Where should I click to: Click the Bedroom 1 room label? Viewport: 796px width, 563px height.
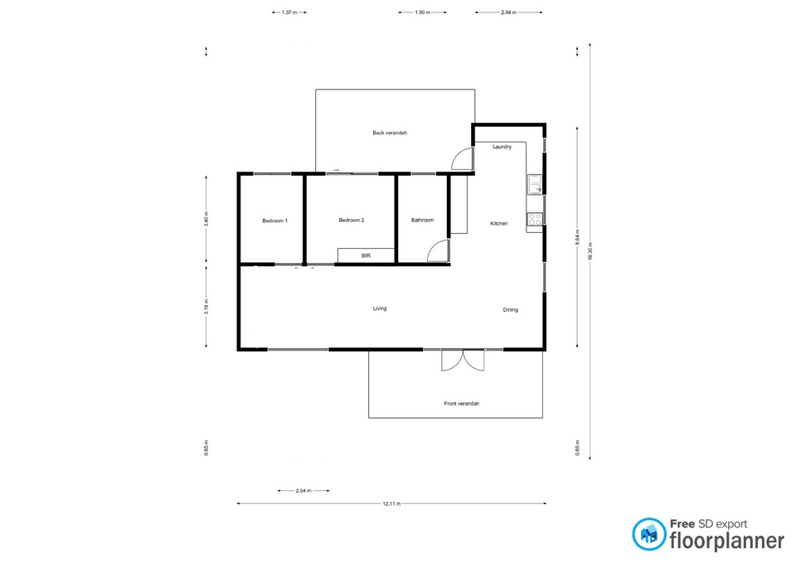(274, 221)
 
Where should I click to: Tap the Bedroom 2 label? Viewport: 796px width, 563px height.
(352, 221)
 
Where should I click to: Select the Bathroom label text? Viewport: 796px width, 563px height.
(422, 221)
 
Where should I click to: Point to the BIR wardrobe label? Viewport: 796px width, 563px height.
(366, 256)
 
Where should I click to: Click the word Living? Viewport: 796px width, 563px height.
(380, 308)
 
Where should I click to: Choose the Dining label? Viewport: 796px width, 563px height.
(511, 309)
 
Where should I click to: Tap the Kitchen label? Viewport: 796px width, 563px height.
(499, 223)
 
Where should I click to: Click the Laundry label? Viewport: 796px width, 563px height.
(502, 147)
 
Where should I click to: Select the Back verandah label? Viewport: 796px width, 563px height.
(390, 133)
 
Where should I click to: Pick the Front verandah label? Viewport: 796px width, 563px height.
(462, 404)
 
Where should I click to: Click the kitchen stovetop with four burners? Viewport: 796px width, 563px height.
(535, 219)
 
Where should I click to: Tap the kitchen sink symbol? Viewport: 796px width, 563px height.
(535, 185)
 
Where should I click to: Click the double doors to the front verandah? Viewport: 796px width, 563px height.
(463, 360)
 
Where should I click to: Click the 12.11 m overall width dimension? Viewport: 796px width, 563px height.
(391, 503)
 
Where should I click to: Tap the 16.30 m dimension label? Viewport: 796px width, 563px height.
(590, 250)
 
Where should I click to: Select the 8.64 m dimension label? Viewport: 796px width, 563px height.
(577, 237)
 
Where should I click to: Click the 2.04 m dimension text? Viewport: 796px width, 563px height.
(303, 491)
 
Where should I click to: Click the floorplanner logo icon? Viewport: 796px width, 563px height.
(648, 534)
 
